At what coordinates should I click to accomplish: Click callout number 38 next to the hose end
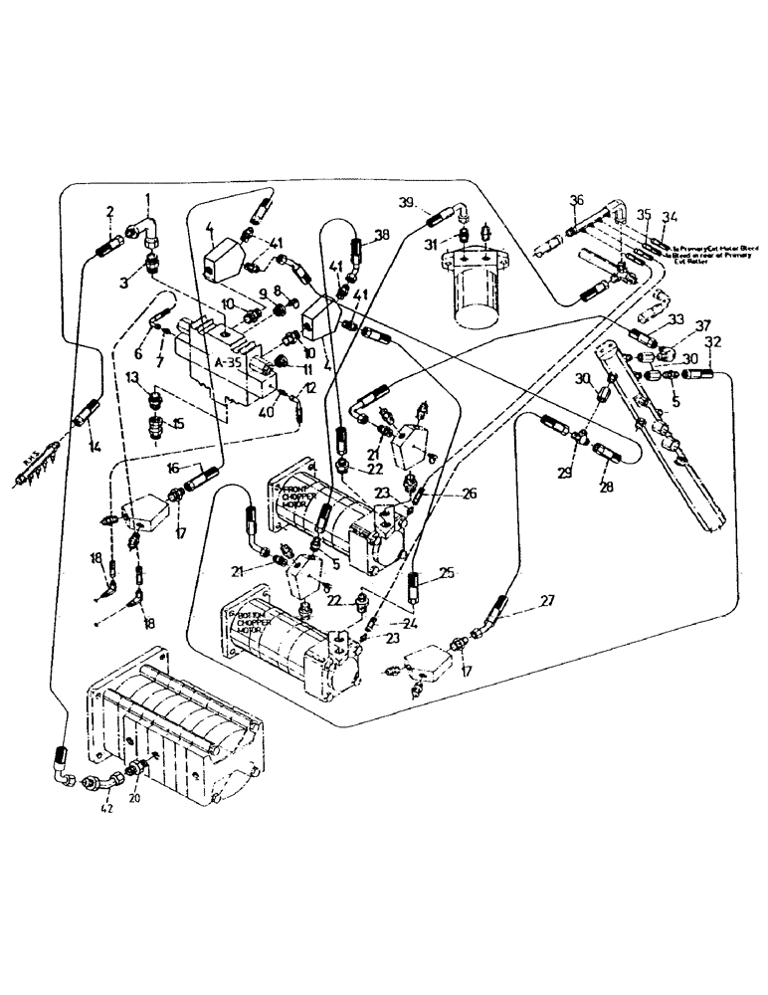tap(383, 237)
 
